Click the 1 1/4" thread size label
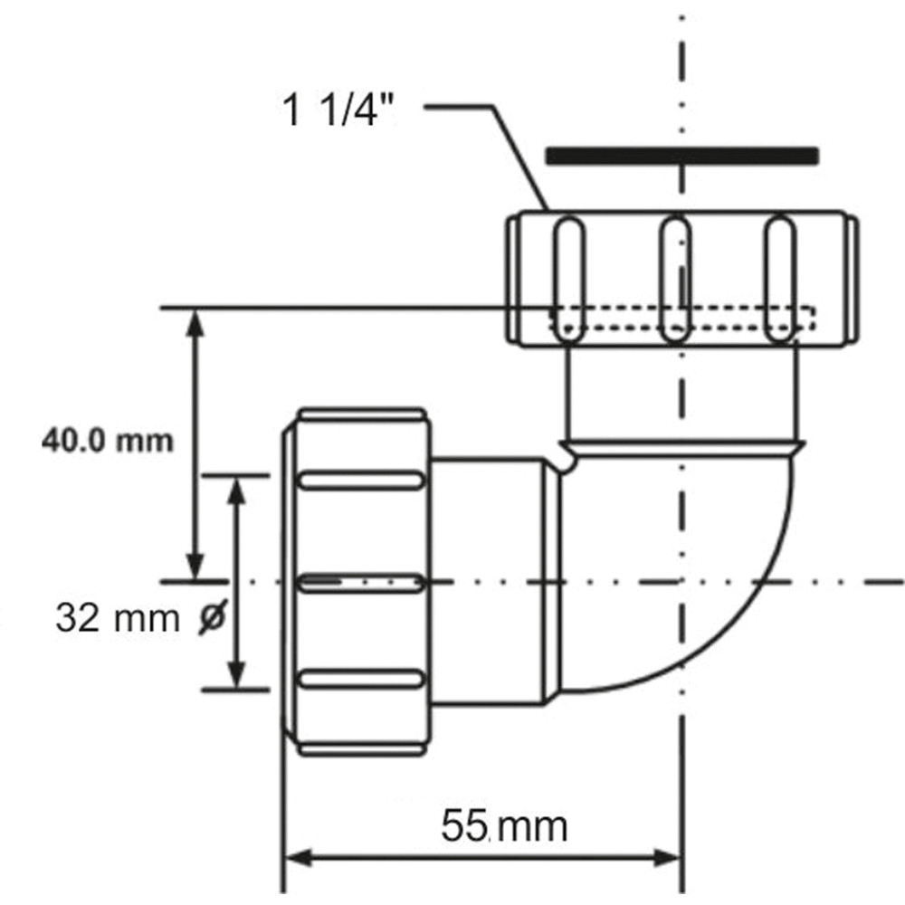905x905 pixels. [338, 110]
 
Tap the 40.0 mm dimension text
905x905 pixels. [108, 442]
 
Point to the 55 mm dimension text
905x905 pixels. [504, 826]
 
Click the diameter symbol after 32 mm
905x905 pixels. [213, 617]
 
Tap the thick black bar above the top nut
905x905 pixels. [682, 157]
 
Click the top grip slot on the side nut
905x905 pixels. [361, 481]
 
